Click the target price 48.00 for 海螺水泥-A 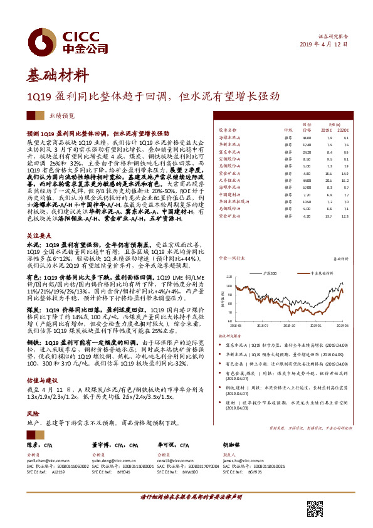pos(307,137)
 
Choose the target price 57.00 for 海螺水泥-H pos(307,187)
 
